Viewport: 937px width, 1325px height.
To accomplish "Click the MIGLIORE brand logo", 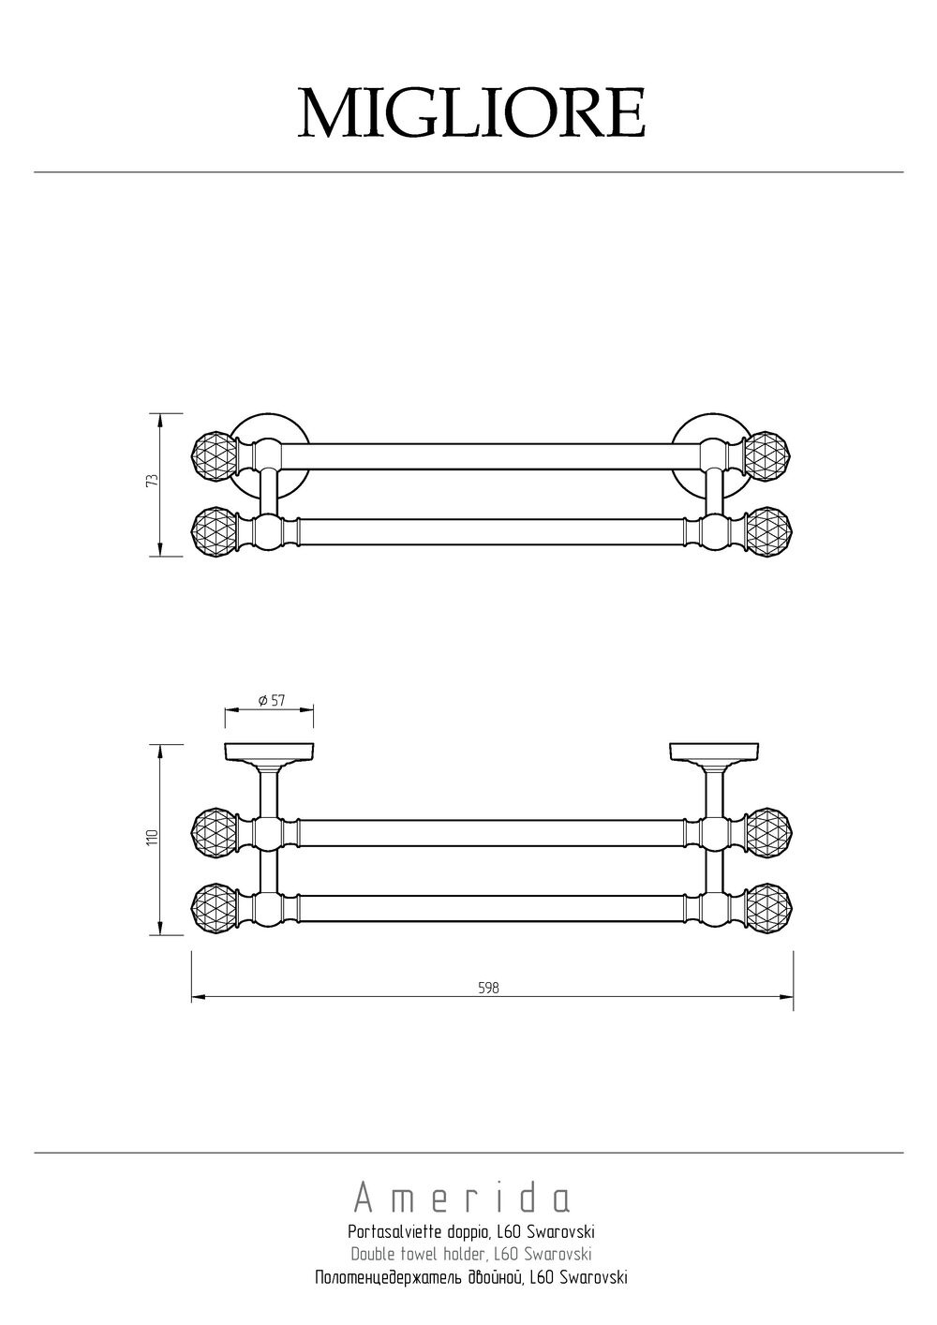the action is click(x=471, y=112).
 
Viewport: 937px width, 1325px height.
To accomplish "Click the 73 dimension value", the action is click(x=153, y=480).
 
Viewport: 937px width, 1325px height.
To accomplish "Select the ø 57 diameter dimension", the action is click(x=272, y=700).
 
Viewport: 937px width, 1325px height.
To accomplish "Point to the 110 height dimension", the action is click(x=154, y=837).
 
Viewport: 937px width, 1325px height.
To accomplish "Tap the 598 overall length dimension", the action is click(x=488, y=988).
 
